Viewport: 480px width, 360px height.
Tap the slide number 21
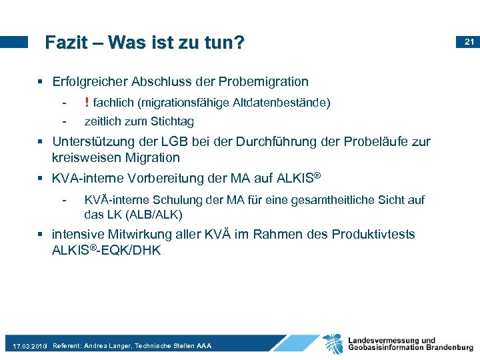pyautogui.click(x=469, y=42)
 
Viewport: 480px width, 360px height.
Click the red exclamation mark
pyautogui.click(x=87, y=102)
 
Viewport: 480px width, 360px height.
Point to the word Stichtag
pyautogui.click(x=172, y=121)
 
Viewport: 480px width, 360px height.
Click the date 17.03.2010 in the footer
pyautogui.click(x=30, y=347)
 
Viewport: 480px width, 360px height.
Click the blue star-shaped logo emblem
pyautogui.click(x=333, y=344)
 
